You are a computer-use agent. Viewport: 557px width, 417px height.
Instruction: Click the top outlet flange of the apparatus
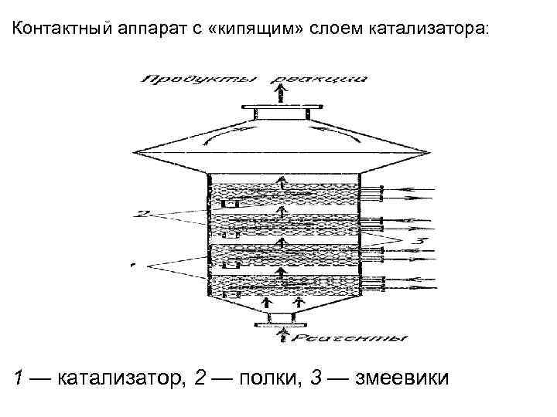point(282,114)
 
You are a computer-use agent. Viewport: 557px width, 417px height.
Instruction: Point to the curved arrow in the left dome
point(232,133)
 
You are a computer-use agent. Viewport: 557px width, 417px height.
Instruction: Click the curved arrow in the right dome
point(335,133)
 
